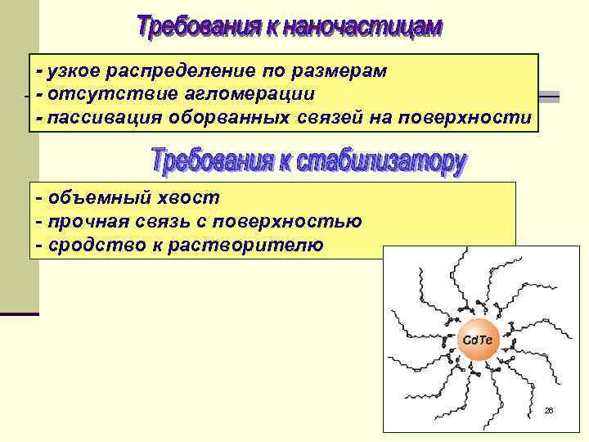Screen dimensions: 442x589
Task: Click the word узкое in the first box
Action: (x=74, y=71)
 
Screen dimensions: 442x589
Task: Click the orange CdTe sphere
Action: (x=478, y=339)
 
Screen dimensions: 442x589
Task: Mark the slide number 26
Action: (x=549, y=410)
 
